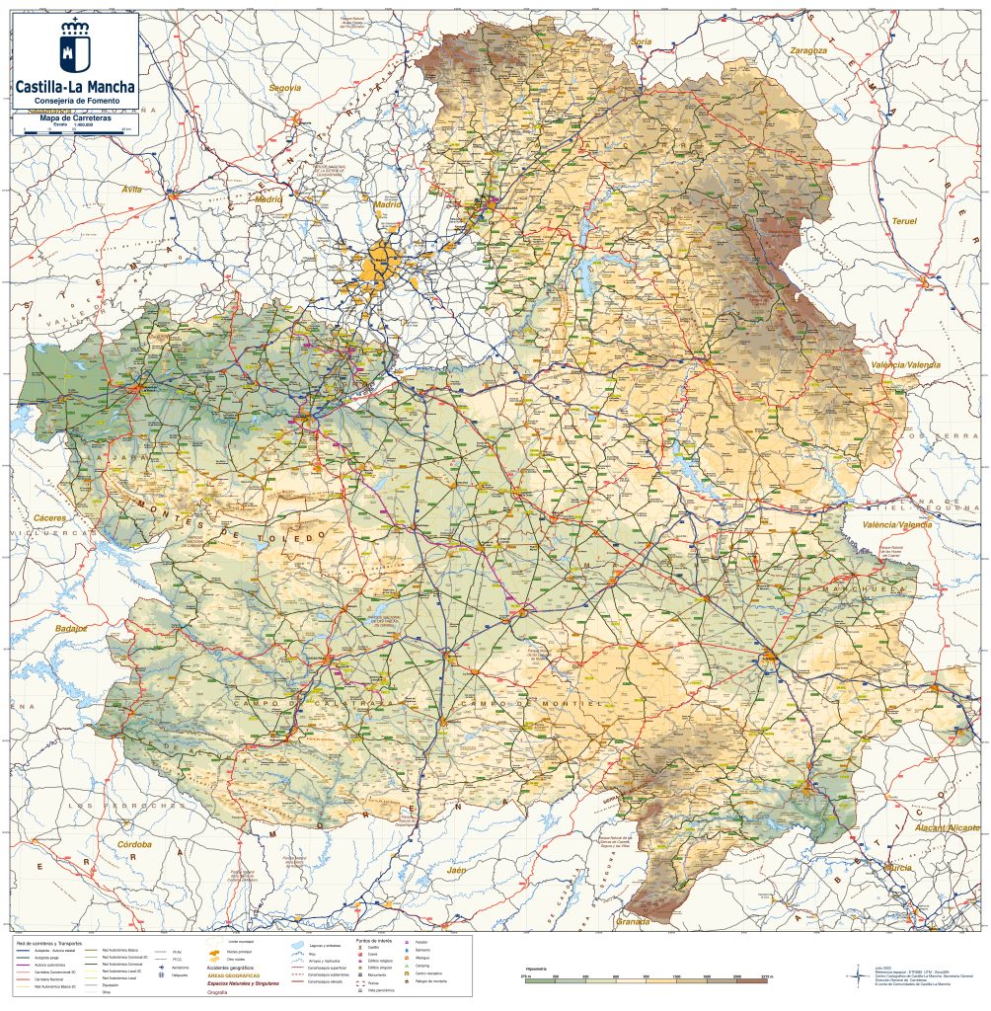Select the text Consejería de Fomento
point(75,101)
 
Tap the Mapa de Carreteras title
point(74,118)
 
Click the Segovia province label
point(284,88)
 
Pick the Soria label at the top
point(642,41)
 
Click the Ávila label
point(131,188)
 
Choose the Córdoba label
point(134,845)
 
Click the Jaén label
point(456,871)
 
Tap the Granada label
point(632,922)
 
